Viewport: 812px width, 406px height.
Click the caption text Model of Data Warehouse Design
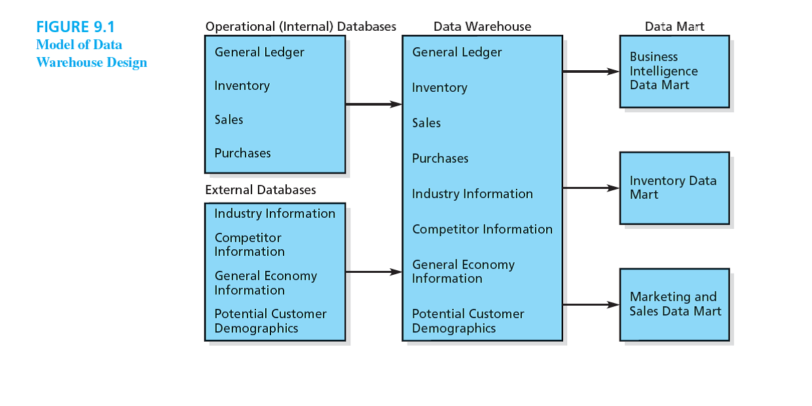pyautogui.click(x=91, y=54)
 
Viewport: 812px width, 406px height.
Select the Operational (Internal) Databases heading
pyautogui.click(x=301, y=27)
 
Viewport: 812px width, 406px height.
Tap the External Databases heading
pyautogui.click(x=260, y=190)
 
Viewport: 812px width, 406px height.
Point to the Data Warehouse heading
pyautogui.click(x=482, y=27)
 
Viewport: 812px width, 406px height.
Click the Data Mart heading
pyautogui.click(x=674, y=27)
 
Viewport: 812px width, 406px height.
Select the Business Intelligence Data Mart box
pyautogui.click(x=674, y=71)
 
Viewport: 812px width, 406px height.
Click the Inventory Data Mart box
pyautogui.click(x=674, y=188)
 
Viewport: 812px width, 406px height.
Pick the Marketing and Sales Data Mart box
pyautogui.click(x=674, y=304)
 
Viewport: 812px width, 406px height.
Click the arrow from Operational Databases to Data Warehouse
pyautogui.click(x=373, y=104)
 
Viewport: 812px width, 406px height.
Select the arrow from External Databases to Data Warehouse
pyautogui.click(x=373, y=272)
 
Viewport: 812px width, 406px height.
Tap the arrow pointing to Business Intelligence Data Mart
pyautogui.click(x=591, y=71)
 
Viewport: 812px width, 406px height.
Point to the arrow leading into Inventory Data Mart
pyautogui.click(x=591, y=188)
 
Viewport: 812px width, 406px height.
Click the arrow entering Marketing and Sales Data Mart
pyautogui.click(x=591, y=304)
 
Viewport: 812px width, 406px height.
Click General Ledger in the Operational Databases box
pyautogui.click(x=259, y=52)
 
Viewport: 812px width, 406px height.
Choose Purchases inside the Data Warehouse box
pyautogui.click(x=440, y=159)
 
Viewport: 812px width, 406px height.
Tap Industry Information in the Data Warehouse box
pyautogui.click(x=472, y=194)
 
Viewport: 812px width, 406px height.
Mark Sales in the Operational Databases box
pyautogui.click(x=229, y=120)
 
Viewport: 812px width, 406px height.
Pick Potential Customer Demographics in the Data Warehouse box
pyautogui.click(x=468, y=321)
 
